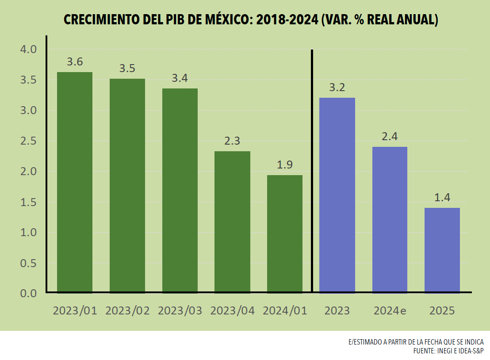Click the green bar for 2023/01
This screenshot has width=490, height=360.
click(x=75, y=182)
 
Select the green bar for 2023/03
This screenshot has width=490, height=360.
click(x=180, y=190)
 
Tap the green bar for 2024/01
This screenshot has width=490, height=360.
click(x=285, y=234)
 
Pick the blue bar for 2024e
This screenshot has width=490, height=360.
click(x=390, y=219)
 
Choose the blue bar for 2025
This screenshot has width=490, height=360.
click(x=442, y=250)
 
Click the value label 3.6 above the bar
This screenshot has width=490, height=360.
click(x=75, y=62)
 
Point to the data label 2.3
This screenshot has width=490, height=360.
click(x=232, y=141)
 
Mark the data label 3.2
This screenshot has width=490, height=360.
click(x=337, y=88)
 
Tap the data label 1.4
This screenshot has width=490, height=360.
click(x=442, y=198)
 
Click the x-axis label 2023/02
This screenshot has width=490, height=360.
click(x=127, y=310)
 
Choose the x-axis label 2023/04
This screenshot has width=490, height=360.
click(x=232, y=310)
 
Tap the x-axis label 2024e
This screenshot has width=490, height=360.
click(x=390, y=310)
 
